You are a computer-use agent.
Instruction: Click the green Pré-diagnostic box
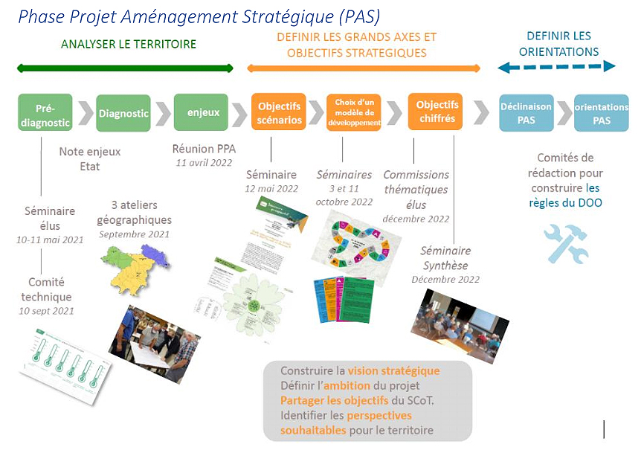pos(45,112)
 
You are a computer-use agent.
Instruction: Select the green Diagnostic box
pos(123,113)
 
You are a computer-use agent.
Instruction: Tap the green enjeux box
pos(201,112)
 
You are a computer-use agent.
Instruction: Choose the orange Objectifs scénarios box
pos(279,112)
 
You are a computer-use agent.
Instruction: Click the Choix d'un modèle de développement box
pos(353,112)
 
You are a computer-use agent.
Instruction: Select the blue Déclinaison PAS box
pos(526,113)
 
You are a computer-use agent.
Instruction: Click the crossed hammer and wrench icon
pos(566,243)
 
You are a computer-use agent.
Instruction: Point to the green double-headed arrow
pos(125,68)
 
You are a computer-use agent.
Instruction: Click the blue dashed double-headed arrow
pos(557,67)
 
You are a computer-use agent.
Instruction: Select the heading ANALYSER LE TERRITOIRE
pos(129,44)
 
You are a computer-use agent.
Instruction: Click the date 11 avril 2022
pos(204,162)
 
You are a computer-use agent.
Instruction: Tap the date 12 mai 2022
pos(271,187)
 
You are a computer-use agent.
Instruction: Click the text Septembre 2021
pos(135,234)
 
